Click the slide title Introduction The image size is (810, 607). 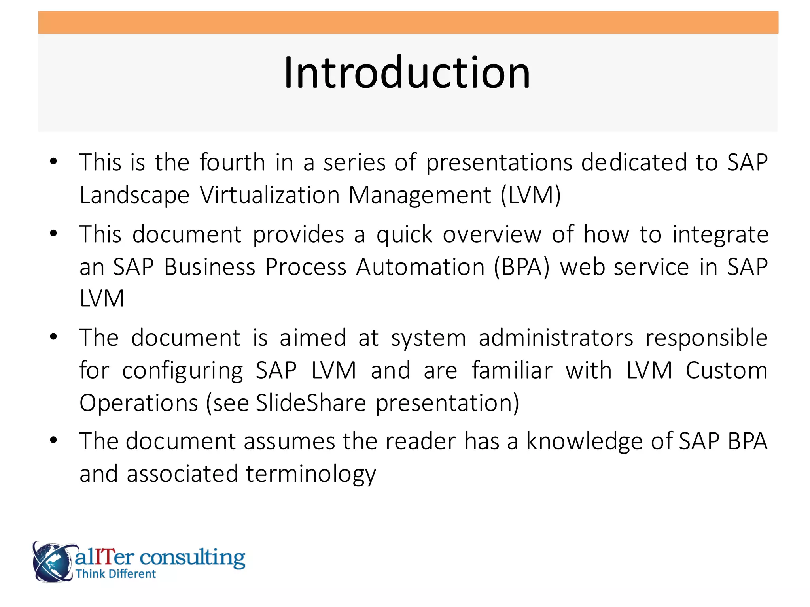pos(407,73)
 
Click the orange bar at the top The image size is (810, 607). pos(408,23)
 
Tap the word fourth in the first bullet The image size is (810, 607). pos(232,162)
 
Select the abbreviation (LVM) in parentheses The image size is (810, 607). pos(530,195)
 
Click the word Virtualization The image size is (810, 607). pos(269,195)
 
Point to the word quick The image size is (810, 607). pos(404,235)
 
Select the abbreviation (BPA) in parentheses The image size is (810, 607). pos(522,267)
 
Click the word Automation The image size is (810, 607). pos(420,267)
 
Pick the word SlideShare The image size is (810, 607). pos(311,403)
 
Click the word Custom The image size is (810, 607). pos(726,371)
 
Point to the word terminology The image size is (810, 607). pos(310,474)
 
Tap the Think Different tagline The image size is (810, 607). pos(115,574)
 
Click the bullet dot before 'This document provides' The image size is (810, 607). pos(54,233)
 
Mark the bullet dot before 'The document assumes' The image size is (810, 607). pos(54,440)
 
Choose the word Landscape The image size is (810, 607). pos(134,195)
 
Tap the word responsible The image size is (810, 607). pos(706,338)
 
